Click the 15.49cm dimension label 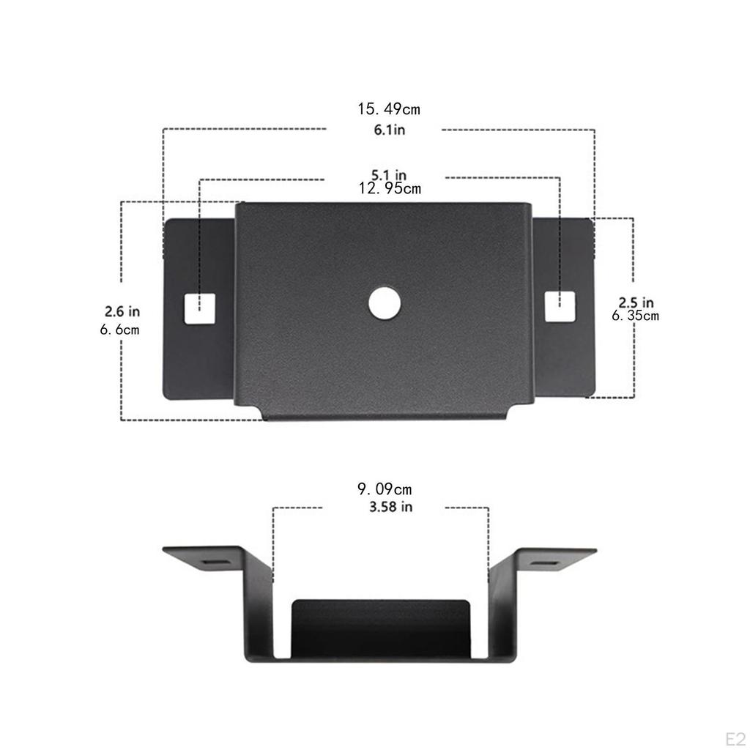(388, 110)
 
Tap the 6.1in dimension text (388, 130)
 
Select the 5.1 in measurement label (388, 175)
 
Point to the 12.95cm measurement (389, 188)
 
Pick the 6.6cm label (120, 330)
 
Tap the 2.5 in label (636, 302)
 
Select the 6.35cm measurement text (636, 316)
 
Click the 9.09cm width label (385, 489)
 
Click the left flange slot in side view (213, 562)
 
